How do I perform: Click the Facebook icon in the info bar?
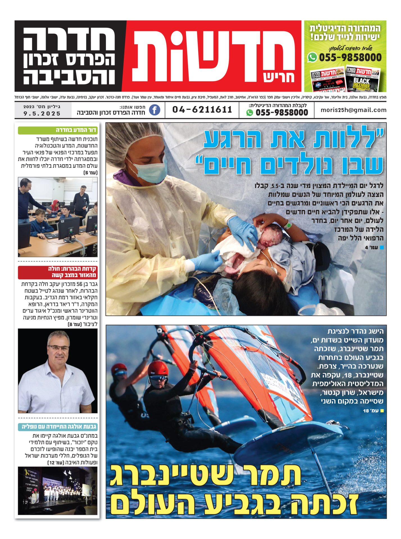pos(155,110)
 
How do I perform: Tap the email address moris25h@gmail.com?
pos(353,110)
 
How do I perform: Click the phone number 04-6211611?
pos(202,110)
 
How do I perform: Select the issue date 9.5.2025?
pos(42,114)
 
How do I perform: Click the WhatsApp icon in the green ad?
pos(312,57)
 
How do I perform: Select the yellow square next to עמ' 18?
pos(382,411)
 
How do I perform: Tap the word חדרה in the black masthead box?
pos(69,39)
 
